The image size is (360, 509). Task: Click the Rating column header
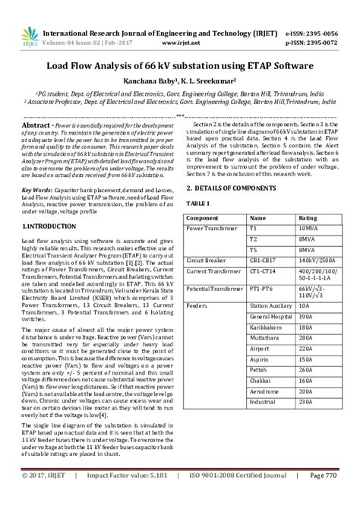(308, 217)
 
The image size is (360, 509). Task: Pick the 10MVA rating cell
(308, 228)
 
